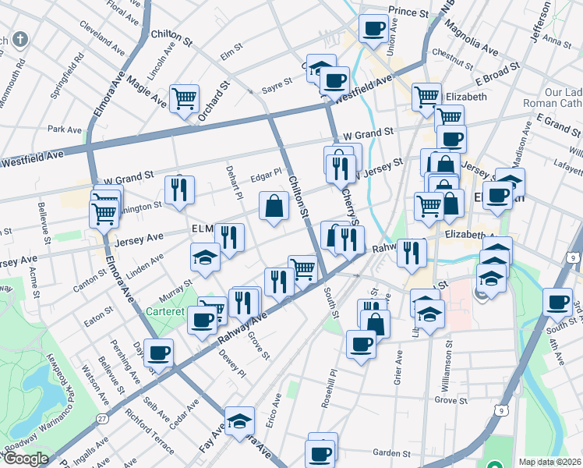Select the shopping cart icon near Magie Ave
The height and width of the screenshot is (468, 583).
pyautogui.click(x=185, y=98)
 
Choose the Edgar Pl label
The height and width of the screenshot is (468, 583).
pyautogui.click(x=266, y=172)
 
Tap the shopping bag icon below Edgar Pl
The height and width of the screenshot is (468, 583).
pyautogui.click(x=274, y=207)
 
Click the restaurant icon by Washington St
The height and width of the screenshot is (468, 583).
pyautogui.click(x=180, y=190)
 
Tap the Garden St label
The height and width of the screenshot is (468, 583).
pyautogui.click(x=391, y=452)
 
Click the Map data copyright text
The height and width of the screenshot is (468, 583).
pyautogui.click(x=549, y=462)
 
